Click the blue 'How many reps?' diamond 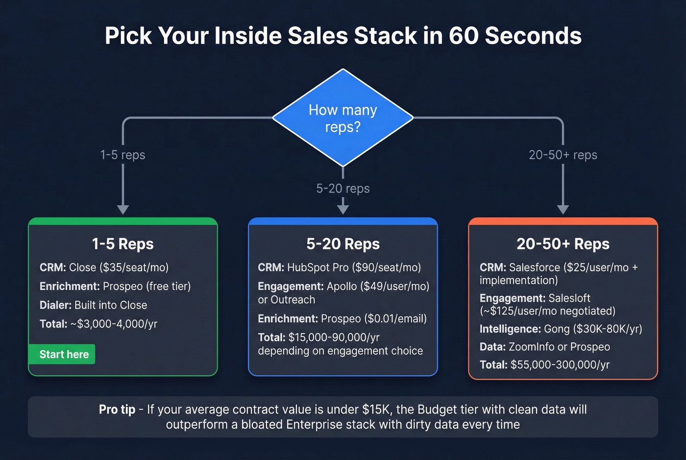coord(343,118)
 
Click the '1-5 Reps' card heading coord(122,244)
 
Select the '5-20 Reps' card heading coord(343,244)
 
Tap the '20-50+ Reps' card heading coord(563,244)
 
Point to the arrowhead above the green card coord(123,209)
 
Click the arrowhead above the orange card coord(563,209)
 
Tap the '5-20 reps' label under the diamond coord(343,189)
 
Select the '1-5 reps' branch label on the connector coord(122,155)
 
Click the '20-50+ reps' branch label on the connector coord(563,155)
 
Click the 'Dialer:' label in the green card coord(55,305)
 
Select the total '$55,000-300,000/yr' coord(560,365)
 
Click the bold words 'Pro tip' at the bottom coord(117,410)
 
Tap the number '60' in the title coord(463,36)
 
